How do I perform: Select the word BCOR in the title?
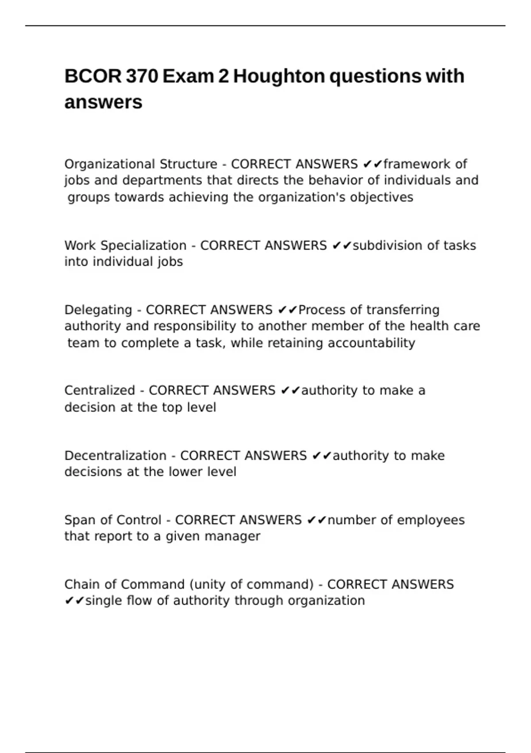(x=92, y=76)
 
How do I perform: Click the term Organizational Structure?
(x=141, y=164)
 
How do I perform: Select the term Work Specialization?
(x=125, y=245)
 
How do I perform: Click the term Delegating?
(x=98, y=310)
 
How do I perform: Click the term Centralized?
(x=100, y=390)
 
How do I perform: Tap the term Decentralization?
(x=115, y=455)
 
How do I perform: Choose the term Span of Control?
(x=113, y=520)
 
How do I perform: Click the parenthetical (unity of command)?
(x=252, y=584)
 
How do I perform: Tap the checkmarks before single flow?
(x=74, y=601)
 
